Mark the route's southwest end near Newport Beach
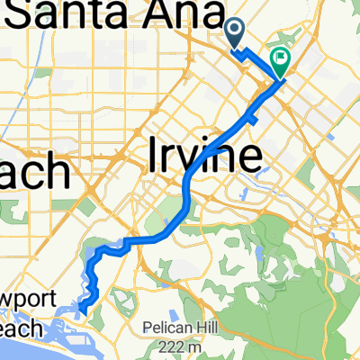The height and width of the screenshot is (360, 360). (81, 311)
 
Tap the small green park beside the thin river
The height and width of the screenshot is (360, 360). (13, 212)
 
